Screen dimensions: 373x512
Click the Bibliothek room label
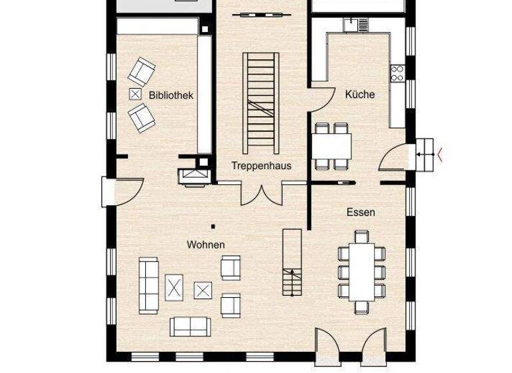(x=171, y=95)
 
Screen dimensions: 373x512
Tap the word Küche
(x=360, y=95)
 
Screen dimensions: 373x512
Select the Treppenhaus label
(x=261, y=165)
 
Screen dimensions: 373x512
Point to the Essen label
(x=361, y=212)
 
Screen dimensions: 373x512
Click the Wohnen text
(x=205, y=244)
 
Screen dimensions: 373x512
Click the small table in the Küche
(x=331, y=145)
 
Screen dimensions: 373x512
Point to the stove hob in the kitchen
(x=398, y=73)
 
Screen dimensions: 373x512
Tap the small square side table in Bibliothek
(x=136, y=95)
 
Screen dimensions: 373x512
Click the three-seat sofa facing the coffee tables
(x=148, y=285)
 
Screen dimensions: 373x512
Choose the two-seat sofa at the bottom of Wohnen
(x=191, y=326)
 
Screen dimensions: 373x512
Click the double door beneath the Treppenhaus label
(x=261, y=192)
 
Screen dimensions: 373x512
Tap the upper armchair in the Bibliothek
(x=142, y=71)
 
